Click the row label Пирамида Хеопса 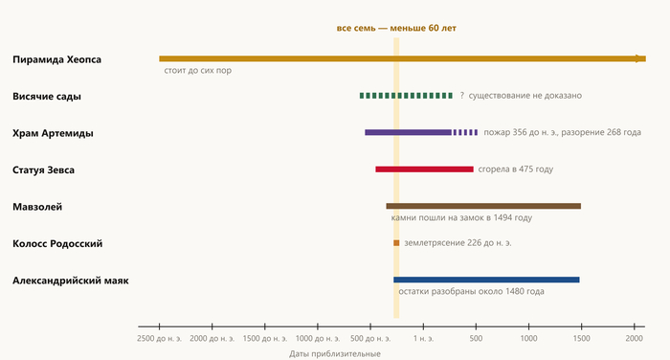[x=56, y=59]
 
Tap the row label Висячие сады [x=47, y=96]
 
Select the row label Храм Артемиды [x=53, y=133]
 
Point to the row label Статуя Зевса [x=43, y=169]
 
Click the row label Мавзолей [x=37, y=207]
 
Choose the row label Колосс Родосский [x=57, y=244]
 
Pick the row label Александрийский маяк [x=71, y=281]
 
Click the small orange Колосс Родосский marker [x=396, y=243]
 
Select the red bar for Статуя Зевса [x=424, y=169]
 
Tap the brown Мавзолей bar [x=483, y=206]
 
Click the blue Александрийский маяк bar [x=486, y=280]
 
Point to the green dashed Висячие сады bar [x=406, y=96]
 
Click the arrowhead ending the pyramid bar [x=641, y=58]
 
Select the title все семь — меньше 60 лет [x=396, y=28]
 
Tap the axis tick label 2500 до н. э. [x=160, y=338]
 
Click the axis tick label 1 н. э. [x=423, y=338]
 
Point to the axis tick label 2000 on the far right [x=634, y=338]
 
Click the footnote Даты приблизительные [x=335, y=353]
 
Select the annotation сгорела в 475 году [x=515, y=169]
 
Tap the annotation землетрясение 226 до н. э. [x=458, y=243]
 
